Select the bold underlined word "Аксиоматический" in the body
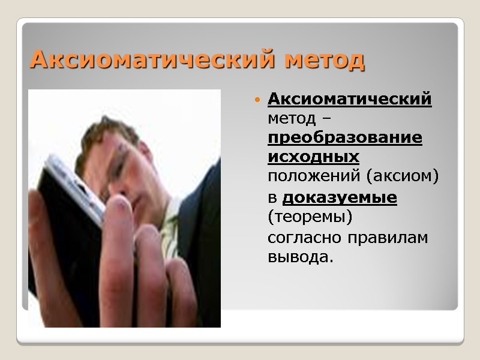click(x=349, y=98)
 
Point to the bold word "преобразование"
click(x=344, y=138)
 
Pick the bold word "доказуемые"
click(x=339, y=197)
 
